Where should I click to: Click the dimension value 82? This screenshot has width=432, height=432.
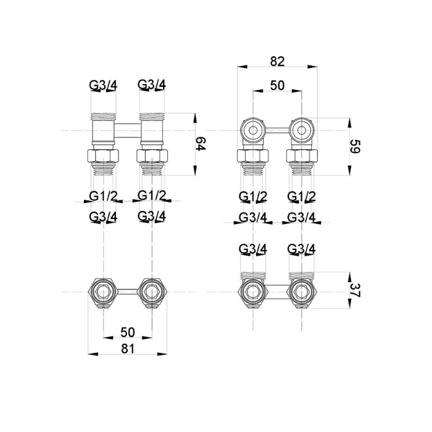coord(277,62)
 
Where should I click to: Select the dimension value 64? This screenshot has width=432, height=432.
coord(201,144)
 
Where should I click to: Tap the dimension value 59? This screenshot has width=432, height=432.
coord(355,147)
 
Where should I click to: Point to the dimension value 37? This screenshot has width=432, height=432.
coord(355,291)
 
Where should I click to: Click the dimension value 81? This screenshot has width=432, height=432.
coord(128,349)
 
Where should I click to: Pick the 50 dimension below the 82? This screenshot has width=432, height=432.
coord(277,85)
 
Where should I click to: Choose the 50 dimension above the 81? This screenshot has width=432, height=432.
coord(128,332)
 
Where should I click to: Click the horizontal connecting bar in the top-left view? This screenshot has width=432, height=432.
coord(127,130)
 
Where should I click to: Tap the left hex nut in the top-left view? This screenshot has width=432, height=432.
coord(103,156)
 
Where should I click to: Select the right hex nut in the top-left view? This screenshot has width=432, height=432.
coord(152,156)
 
